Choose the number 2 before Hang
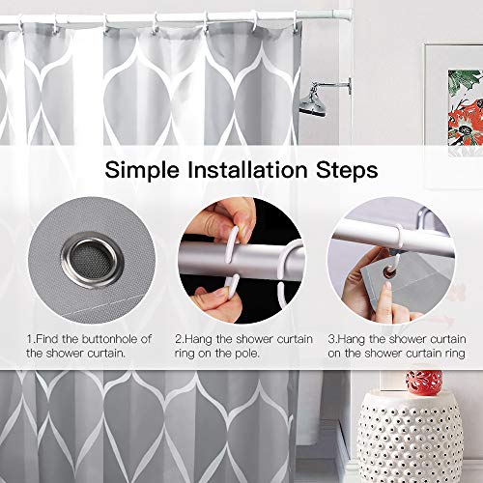coord(177,338)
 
